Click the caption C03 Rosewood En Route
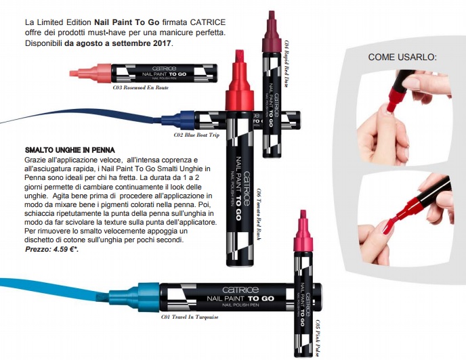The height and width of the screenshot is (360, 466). tap(141, 87)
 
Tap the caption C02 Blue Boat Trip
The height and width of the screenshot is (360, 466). tap(196, 135)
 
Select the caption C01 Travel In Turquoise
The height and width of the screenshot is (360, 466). tap(190, 317)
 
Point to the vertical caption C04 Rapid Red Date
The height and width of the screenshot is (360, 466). tap(287, 64)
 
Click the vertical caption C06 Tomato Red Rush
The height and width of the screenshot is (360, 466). tap(259, 214)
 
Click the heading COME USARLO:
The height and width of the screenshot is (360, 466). tap(402, 57)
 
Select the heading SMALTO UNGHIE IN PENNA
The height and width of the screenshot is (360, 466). tap(70, 150)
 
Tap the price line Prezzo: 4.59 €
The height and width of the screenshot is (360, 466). tap(51, 249)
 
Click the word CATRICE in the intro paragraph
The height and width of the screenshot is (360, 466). tap(208, 22)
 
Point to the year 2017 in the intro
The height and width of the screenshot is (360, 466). tap(163, 43)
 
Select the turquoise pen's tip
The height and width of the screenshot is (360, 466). tap(103, 297)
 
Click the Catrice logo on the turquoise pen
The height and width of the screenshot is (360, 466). tap(240, 290)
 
